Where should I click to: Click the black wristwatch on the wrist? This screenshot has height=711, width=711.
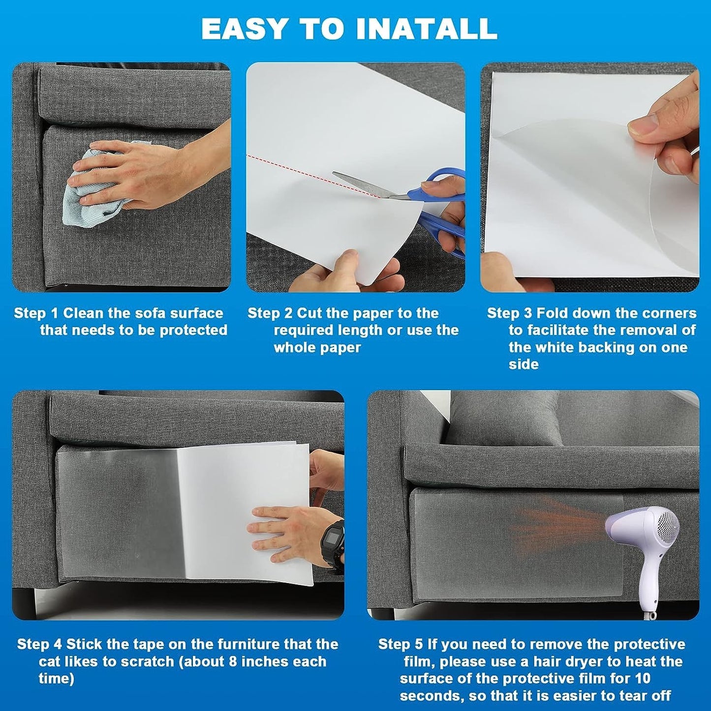click(332, 541)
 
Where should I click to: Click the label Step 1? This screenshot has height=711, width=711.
click(36, 313)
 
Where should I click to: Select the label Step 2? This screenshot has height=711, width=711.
click(270, 313)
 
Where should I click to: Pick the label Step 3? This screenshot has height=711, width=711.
click(509, 313)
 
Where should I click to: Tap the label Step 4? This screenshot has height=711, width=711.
click(39, 645)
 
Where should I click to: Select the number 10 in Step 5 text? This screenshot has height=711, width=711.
click(642, 679)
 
